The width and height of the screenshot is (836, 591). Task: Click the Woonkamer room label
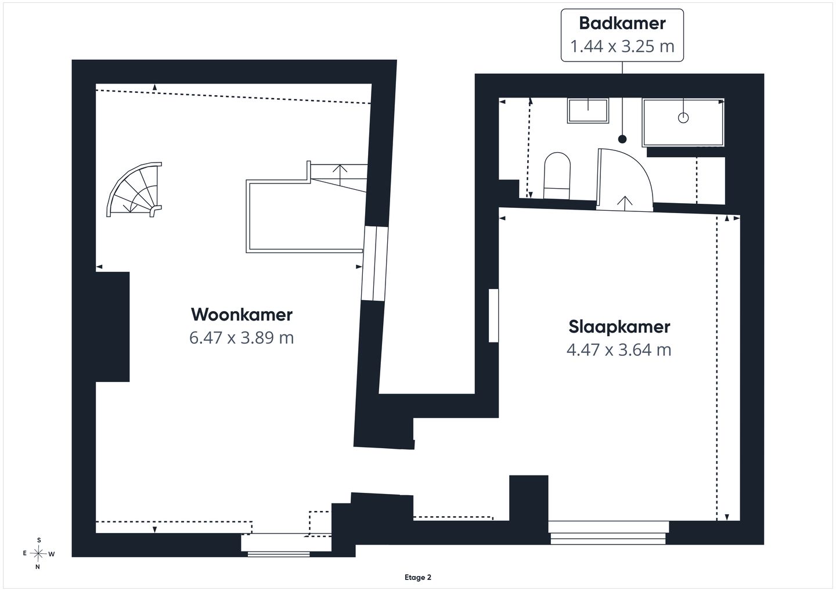(242, 314)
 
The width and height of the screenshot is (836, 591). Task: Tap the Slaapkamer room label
(619, 326)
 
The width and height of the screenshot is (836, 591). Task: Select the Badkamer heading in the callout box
(622, 23)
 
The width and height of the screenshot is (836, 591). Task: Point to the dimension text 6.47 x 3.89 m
(242, 337)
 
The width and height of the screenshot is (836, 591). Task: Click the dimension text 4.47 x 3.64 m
(619, 349)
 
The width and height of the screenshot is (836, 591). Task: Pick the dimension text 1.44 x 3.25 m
(622, 46)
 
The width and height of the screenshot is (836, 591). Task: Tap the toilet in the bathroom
(557, 175)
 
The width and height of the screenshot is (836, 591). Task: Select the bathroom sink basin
(588, 110)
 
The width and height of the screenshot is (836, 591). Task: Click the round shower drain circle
(683, 118)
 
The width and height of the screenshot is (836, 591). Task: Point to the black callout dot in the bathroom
(622, 139)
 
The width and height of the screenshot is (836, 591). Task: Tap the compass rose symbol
(38, 553)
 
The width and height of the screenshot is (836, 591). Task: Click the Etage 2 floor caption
(417, 577)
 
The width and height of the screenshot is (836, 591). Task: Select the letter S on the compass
(39, 540)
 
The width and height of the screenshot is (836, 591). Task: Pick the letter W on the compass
(52, 554)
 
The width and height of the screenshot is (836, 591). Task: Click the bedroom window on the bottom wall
(608, 532)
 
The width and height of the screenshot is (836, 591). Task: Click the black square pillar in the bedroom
(528, 498)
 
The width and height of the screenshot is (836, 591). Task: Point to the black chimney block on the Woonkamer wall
(113, 327)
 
